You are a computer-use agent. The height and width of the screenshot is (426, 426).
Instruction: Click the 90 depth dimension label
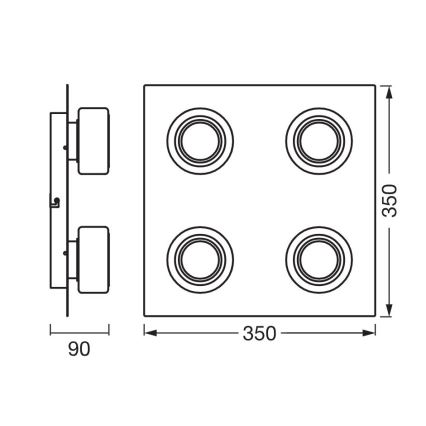(x=80, y=349)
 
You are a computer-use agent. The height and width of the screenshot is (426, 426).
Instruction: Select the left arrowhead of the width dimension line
(x=148, y=329)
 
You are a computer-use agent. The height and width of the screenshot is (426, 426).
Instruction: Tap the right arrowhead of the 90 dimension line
(x=107, y=329)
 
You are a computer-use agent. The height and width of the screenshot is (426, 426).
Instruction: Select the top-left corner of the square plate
(x=144, y=85)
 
